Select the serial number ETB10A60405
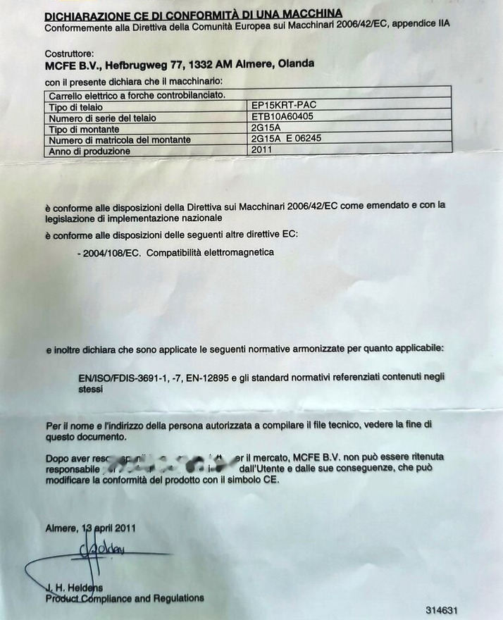pos(282,117)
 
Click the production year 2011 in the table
pos(263,149)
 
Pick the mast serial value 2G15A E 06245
pos(287,139)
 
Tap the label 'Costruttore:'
pos(69,54)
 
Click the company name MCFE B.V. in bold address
pos(70,65)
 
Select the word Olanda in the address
pos(297,64)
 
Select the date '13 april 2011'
pos(104,528)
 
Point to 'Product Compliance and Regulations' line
pos(125,598)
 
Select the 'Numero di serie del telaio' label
pos(102,118)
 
